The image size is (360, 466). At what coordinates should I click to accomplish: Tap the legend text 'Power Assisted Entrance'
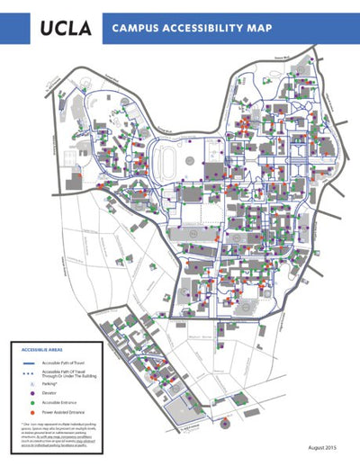tap(64, 412)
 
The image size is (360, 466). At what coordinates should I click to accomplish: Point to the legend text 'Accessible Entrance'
tap(60, 402)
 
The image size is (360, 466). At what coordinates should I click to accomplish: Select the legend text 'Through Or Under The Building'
tap(67, 375)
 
